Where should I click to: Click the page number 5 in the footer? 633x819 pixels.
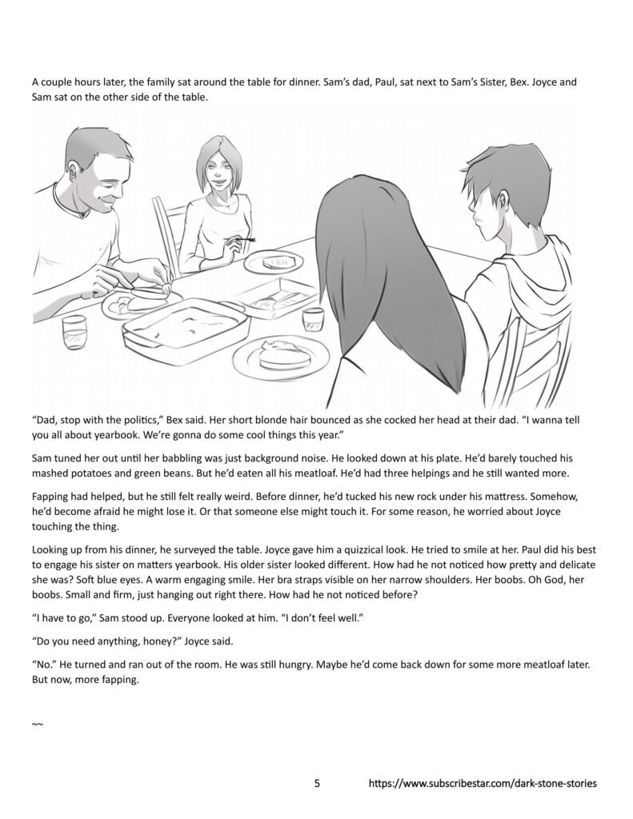(317, 784)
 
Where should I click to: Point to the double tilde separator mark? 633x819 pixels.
(37, 725)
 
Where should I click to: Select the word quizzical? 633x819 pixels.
(298, 551)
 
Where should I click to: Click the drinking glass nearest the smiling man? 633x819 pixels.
(74, 329)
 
